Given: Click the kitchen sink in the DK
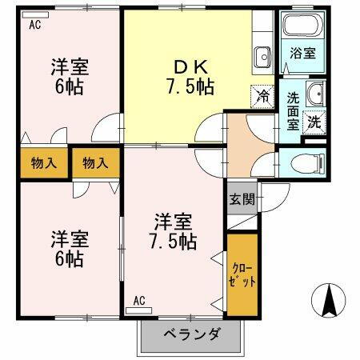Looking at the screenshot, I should coord(262,57).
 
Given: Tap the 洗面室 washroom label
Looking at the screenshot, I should coord(294,112).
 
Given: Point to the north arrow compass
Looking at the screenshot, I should coord(327,302).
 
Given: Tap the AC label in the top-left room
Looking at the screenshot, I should coord(34,26).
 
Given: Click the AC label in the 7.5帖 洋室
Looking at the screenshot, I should coord(138,301).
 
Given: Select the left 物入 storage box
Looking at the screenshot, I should coord(44,163).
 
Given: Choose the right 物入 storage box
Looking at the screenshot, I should coord(95,163).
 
